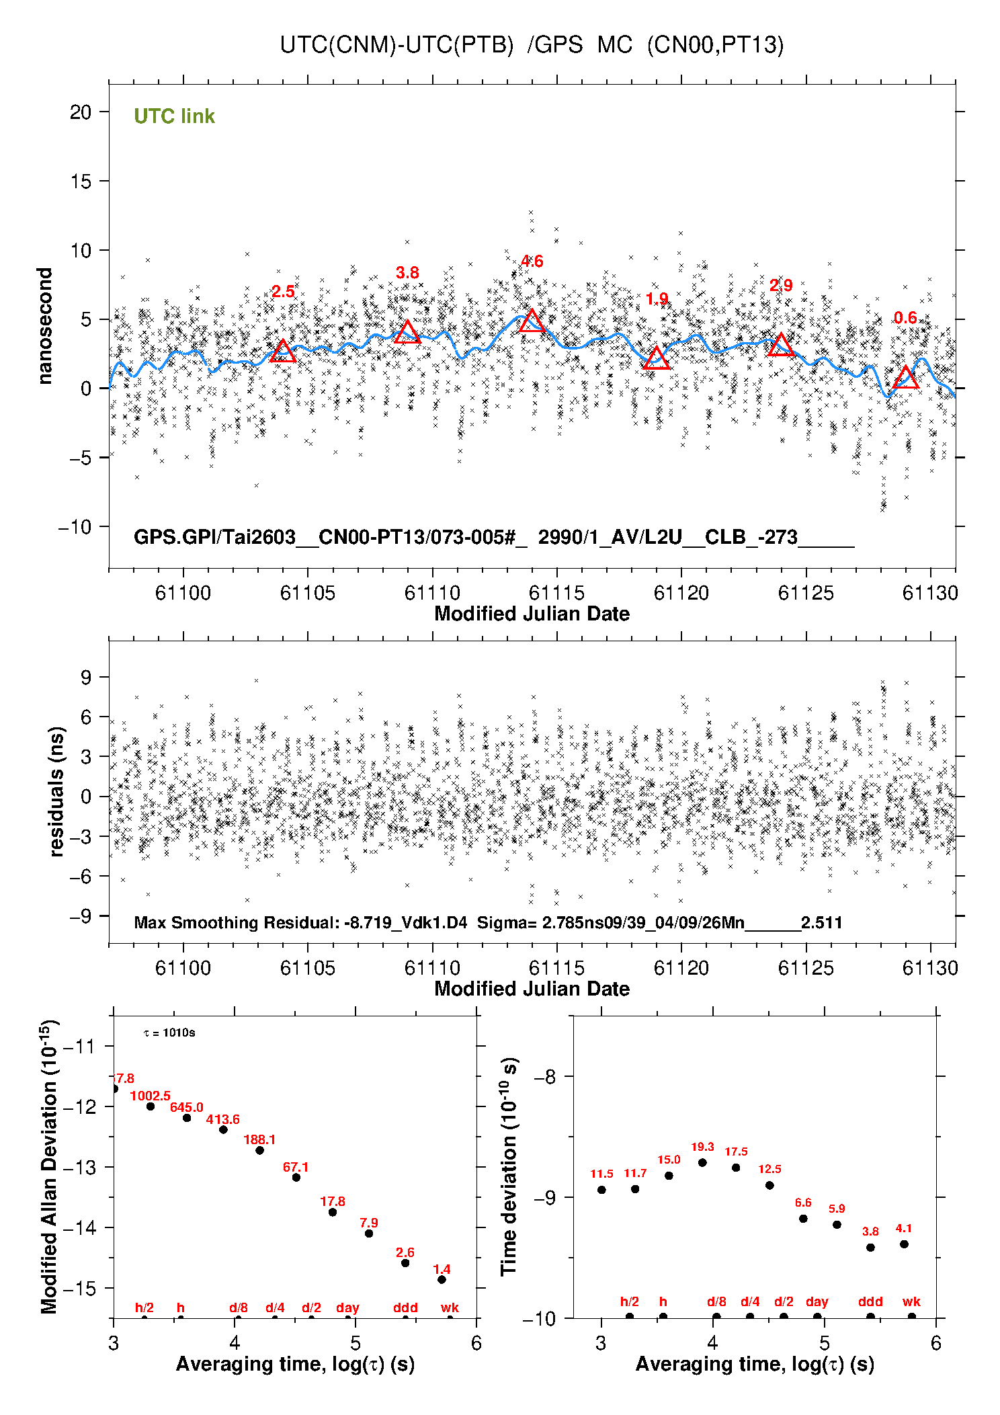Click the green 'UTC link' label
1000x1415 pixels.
(x=174, y=116)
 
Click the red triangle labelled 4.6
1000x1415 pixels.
(x=532, y=321)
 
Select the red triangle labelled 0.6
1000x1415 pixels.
(x=905, y=378)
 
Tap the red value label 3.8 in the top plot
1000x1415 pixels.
(x=407, y=272)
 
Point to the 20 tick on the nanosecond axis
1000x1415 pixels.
(x=81, y=112)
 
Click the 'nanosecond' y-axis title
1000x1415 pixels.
(x=45, y=326)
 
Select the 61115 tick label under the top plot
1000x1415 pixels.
(x=556, y=593)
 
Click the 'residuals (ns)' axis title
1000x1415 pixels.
(x=56, y=791)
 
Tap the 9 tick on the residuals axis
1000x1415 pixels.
(x=86, y=677)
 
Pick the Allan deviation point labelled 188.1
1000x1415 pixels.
(x=259, y=1150)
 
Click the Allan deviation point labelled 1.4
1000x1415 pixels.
(x=442, y=1279)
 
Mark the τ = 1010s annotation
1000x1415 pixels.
(x=169, y=1033)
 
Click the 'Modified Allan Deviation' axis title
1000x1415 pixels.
(x=49, y=1166)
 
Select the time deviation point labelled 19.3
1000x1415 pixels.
(x=702, y=1162)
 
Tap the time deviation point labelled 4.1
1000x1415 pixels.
(x=904, y=1244)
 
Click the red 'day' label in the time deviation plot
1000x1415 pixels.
(x=817, y=1301)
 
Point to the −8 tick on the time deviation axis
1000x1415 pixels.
(x=544, y=1077)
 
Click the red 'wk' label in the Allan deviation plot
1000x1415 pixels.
(x=450, y=1307)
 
